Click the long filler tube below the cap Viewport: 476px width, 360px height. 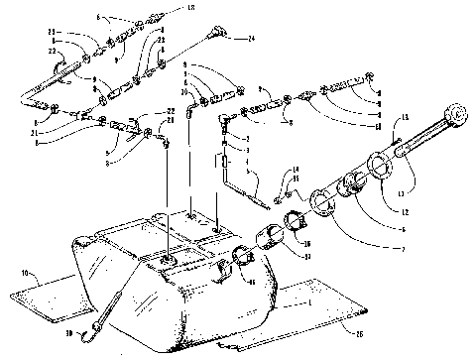point(416,139)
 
